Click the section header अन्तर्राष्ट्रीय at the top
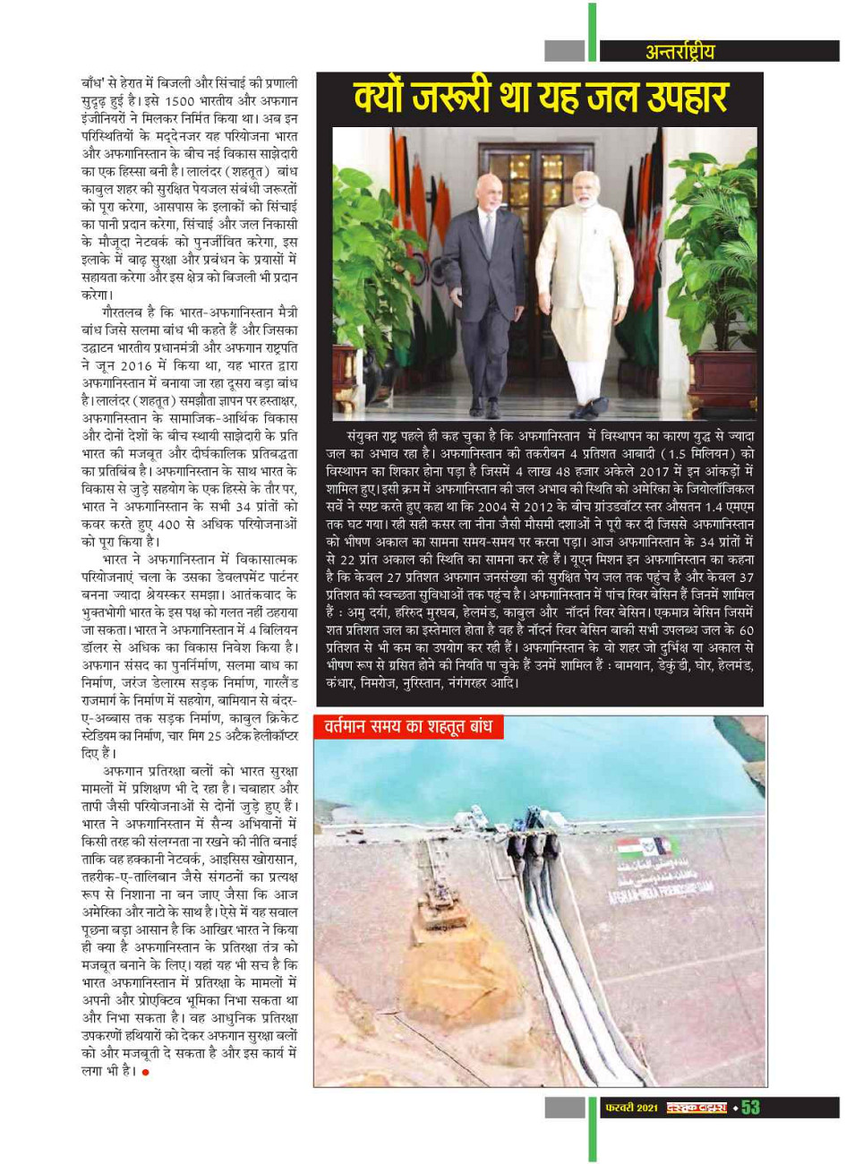(680, 51)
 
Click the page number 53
(750, 1108)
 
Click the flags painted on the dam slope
(646, 846)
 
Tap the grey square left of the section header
(564, 51)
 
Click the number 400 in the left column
(169, 523)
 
